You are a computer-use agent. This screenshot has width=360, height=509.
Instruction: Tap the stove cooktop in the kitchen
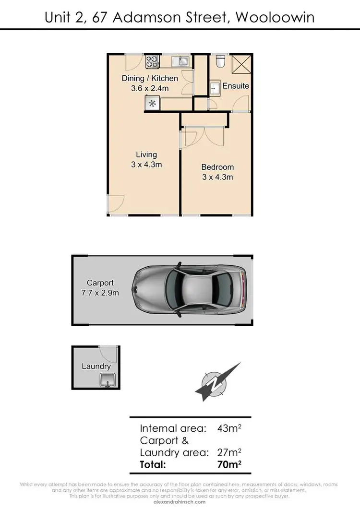tap(153, 61)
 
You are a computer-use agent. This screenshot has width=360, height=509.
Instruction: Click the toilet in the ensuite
tap(220, 61)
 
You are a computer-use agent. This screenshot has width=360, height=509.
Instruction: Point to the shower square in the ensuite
tap(241, 63)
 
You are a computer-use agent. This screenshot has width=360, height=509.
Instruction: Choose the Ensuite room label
tap(236, 86)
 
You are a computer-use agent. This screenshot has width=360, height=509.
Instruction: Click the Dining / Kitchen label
tap(150, 78)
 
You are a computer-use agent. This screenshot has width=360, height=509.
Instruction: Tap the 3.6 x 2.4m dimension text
tap(150, 88)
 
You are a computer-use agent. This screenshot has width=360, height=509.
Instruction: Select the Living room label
tap(146, 154)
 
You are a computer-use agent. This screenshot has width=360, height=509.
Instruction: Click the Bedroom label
tap(217, 167)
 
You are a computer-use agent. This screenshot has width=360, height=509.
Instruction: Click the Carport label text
tap(100, 283)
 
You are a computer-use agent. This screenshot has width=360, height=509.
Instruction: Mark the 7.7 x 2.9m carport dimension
tap(100, 293)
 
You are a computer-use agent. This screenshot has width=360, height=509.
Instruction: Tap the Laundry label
tap(96, 366)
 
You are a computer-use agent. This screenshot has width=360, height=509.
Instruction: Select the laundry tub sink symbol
tap(106, 381)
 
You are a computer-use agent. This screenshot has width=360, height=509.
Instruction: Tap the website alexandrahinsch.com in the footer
tap(180, 502)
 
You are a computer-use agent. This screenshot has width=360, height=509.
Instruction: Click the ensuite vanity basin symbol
tap(214, 87)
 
